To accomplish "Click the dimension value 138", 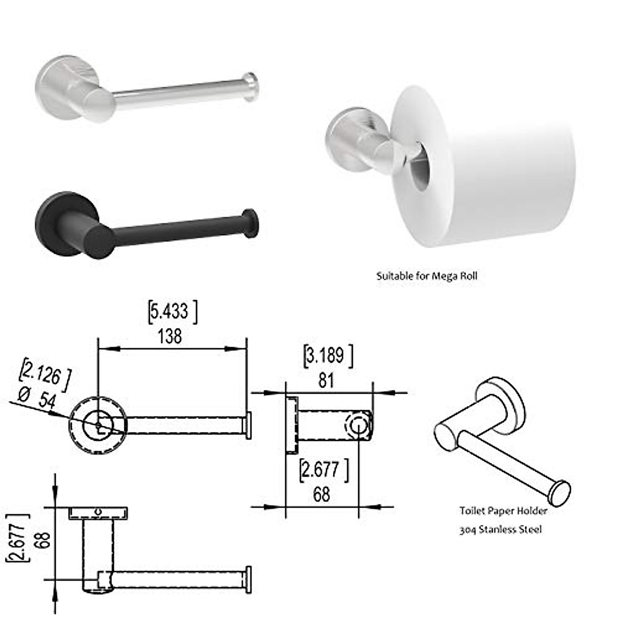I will [170, 336].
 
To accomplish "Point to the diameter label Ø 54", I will [37, 398].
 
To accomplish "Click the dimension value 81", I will [326, 381].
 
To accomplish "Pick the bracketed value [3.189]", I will [328, 356].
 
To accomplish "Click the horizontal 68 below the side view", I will [321, 494].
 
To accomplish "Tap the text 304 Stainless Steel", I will [500, 529].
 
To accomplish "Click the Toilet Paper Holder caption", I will [503, 511].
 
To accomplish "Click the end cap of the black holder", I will [251, 223].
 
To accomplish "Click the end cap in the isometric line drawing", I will [559, 493].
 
